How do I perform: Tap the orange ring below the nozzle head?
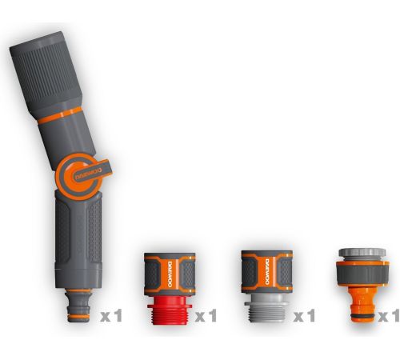point(59,115)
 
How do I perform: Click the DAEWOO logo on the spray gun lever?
point(87,174)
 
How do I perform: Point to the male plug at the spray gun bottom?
point(78,306)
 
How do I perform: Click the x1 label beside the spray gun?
point(111,315)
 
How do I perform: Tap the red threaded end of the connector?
point(170,310)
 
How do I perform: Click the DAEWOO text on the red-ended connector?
point(170,274)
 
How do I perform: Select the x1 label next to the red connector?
point(206,315)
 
